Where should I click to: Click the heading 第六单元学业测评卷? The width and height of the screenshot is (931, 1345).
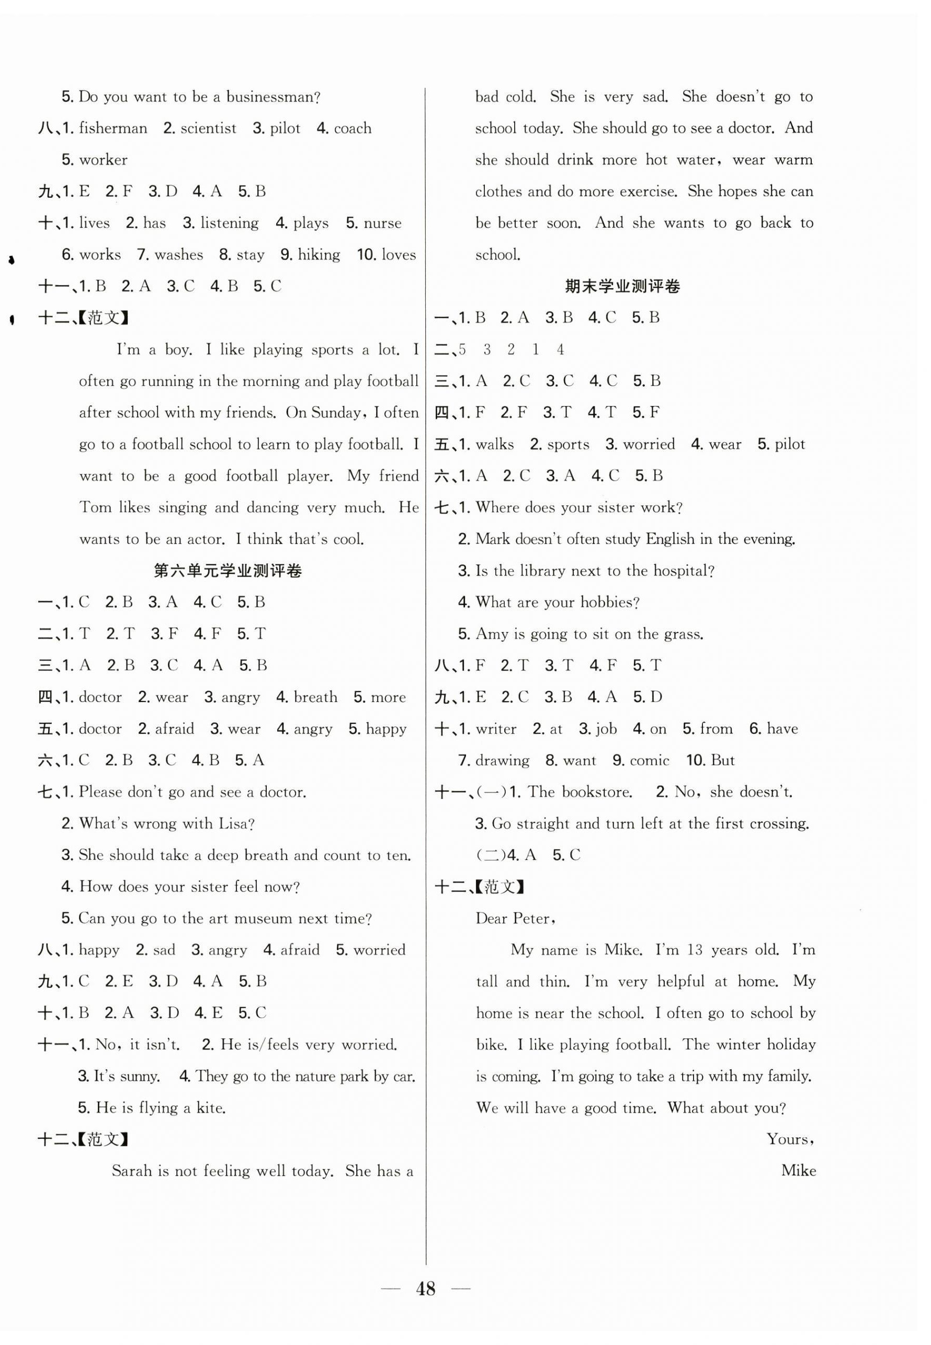tap(228, 571)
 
